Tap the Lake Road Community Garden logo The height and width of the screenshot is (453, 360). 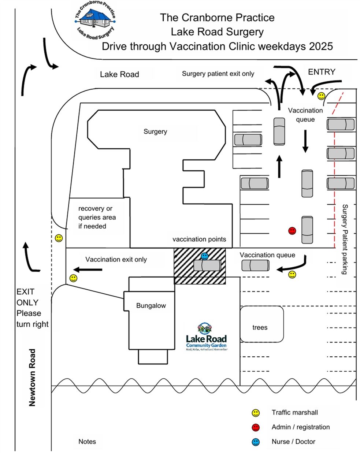tap(206, 337)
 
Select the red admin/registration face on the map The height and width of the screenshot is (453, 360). tap(292, 231)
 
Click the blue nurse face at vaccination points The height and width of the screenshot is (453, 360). tap(205, 256)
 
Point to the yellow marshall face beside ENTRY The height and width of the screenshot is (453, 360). tap(321, 96)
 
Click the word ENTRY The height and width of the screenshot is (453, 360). tap(322, 72)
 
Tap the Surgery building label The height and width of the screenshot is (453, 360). tap(155, 131)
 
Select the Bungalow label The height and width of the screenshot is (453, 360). tap(151, 305)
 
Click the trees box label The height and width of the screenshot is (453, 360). tap(260, 327)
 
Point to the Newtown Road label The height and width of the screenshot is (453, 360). tap(33, 377)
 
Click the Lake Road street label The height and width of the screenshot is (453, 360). tap(119, 75)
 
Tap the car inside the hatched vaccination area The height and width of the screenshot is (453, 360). tap(207, 265)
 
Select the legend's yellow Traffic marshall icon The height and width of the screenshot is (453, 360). tap(256, 413)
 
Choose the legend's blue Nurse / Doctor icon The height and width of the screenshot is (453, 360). tap(256, 442)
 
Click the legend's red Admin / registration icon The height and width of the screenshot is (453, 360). tap(256, 427)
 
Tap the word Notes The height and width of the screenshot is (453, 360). tap(87, 442)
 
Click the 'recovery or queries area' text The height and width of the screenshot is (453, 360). tap(97, 217)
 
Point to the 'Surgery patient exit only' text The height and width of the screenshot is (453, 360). tap(218, 74)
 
